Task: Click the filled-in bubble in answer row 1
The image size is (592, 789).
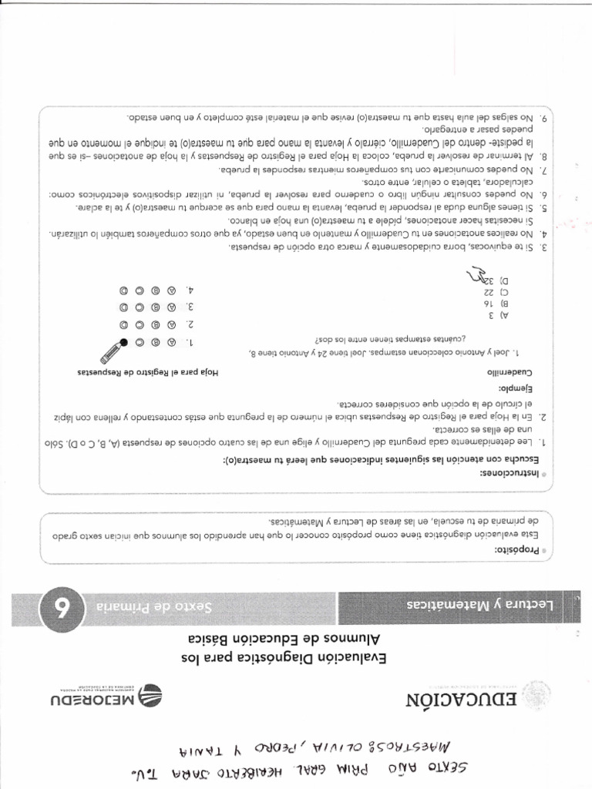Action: click(123, 342)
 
